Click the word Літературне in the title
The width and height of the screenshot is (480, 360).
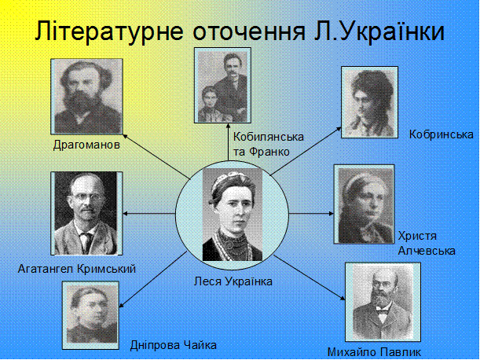click(109, 31)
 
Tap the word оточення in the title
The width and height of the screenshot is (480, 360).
click(248, 32)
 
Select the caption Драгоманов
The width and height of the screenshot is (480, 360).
click(86, 145)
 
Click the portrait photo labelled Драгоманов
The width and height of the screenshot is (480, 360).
click(87, 97)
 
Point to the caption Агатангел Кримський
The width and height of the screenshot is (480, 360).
click(77, 269)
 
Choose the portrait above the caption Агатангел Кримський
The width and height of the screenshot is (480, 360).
click(86, 213)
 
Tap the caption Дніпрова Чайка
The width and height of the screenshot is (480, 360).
click(174, 345)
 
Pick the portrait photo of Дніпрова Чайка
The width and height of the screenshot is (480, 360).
click(90, 315)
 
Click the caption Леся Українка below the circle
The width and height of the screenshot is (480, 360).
click(233, 281)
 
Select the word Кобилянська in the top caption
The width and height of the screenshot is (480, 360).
click(269, 137)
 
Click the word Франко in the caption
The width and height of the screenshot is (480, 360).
click(269, 152)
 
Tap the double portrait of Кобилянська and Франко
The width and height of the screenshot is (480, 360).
click(223, 85)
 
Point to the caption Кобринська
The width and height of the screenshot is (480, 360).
click(442, 134)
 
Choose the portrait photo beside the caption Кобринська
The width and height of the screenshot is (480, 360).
click(369, 102)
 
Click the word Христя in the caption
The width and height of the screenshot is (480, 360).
click(417, 236)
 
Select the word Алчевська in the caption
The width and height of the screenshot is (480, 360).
click(427, 251)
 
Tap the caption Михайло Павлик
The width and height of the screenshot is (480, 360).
click(374, 352)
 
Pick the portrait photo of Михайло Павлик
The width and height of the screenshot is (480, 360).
click(383, 302)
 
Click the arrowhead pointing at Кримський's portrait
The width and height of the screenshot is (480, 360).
click(126, 214)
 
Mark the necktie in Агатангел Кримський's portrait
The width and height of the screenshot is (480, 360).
click(86, 242)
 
